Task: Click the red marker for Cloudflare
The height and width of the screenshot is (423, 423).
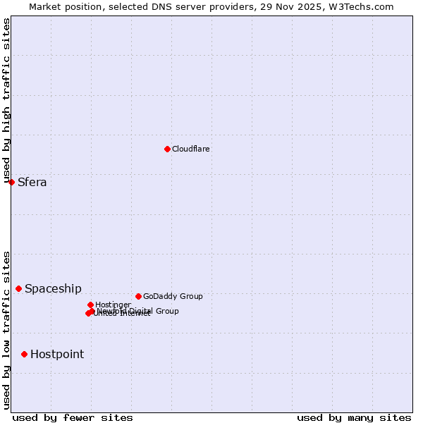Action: [167, 149]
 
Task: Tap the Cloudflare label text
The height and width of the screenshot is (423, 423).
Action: [191, 149]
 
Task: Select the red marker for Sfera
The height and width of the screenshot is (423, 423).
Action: [11, 182]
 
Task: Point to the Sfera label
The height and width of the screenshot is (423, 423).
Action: [32, 183]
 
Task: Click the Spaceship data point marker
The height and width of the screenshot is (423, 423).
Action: [18, 288]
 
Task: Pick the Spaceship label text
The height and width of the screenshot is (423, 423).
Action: [53, 289]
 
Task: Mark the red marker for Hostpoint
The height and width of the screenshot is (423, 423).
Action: [24, 354]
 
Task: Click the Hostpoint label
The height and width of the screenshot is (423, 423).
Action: [57, 355]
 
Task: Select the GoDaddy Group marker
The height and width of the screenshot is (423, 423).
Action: [138, 296]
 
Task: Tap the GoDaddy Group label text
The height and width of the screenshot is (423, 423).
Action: [173, 296]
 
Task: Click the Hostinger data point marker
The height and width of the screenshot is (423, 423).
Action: [90, 305]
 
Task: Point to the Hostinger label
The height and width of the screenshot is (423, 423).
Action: [113, 305]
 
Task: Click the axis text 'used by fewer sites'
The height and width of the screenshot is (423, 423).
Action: [73, 417]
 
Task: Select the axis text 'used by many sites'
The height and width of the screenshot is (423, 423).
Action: [354, 417]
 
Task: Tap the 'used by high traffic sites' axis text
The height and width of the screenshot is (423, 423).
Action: [6, 99]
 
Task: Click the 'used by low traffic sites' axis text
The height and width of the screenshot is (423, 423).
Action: [6, 329]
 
